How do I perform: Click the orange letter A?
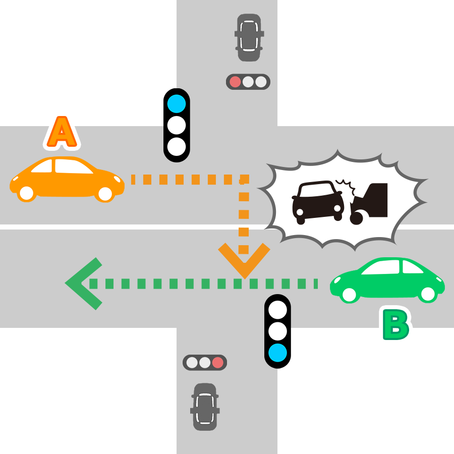click(62, 133)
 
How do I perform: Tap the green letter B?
click(395, 325)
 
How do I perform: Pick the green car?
click(387, 280)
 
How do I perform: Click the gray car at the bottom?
click(205, 407)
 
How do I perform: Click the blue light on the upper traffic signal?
click(177, 104)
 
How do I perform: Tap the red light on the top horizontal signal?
click(235, 82)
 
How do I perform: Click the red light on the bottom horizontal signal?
click(217, 362)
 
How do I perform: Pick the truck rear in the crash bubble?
click(371, 202)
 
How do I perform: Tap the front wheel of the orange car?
click(105, 193)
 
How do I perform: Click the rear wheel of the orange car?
click(26, 192)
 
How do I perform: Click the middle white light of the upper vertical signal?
click(177, 125)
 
